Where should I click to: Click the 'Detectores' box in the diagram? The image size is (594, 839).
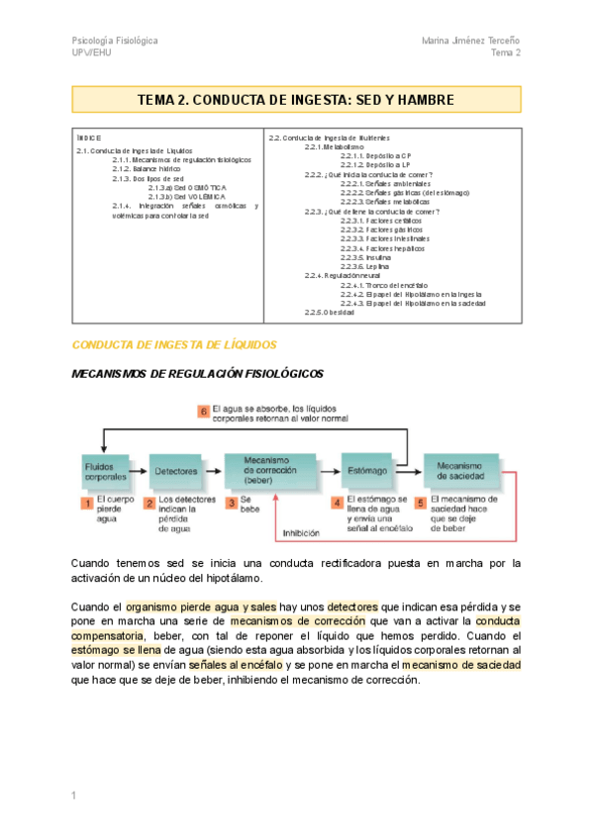pyautogui.click(x=177, y=471)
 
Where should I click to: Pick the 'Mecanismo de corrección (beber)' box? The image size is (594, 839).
pyautogui.click(x=266, y=471)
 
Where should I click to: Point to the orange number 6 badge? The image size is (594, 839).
pyautogui.click(x=202, y=411)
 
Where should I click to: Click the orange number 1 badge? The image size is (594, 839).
pyautogui.click(x=86, y=503)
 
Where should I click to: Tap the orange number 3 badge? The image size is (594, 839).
pyautogui.click(x=231, y=503)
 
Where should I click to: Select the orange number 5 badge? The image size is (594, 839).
pyautogui.click(x=420, y=503)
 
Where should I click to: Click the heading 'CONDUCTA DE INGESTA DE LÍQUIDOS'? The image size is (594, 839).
pyautogui.click(x=173, y=344)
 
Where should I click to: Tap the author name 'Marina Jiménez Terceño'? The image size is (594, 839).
pyautogui.click(x=470, y=41)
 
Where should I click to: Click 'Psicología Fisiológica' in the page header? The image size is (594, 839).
pyautogui.click(x=115, y=41)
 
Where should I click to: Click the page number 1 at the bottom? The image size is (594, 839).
pyautogui.click(x=74, y=796)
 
